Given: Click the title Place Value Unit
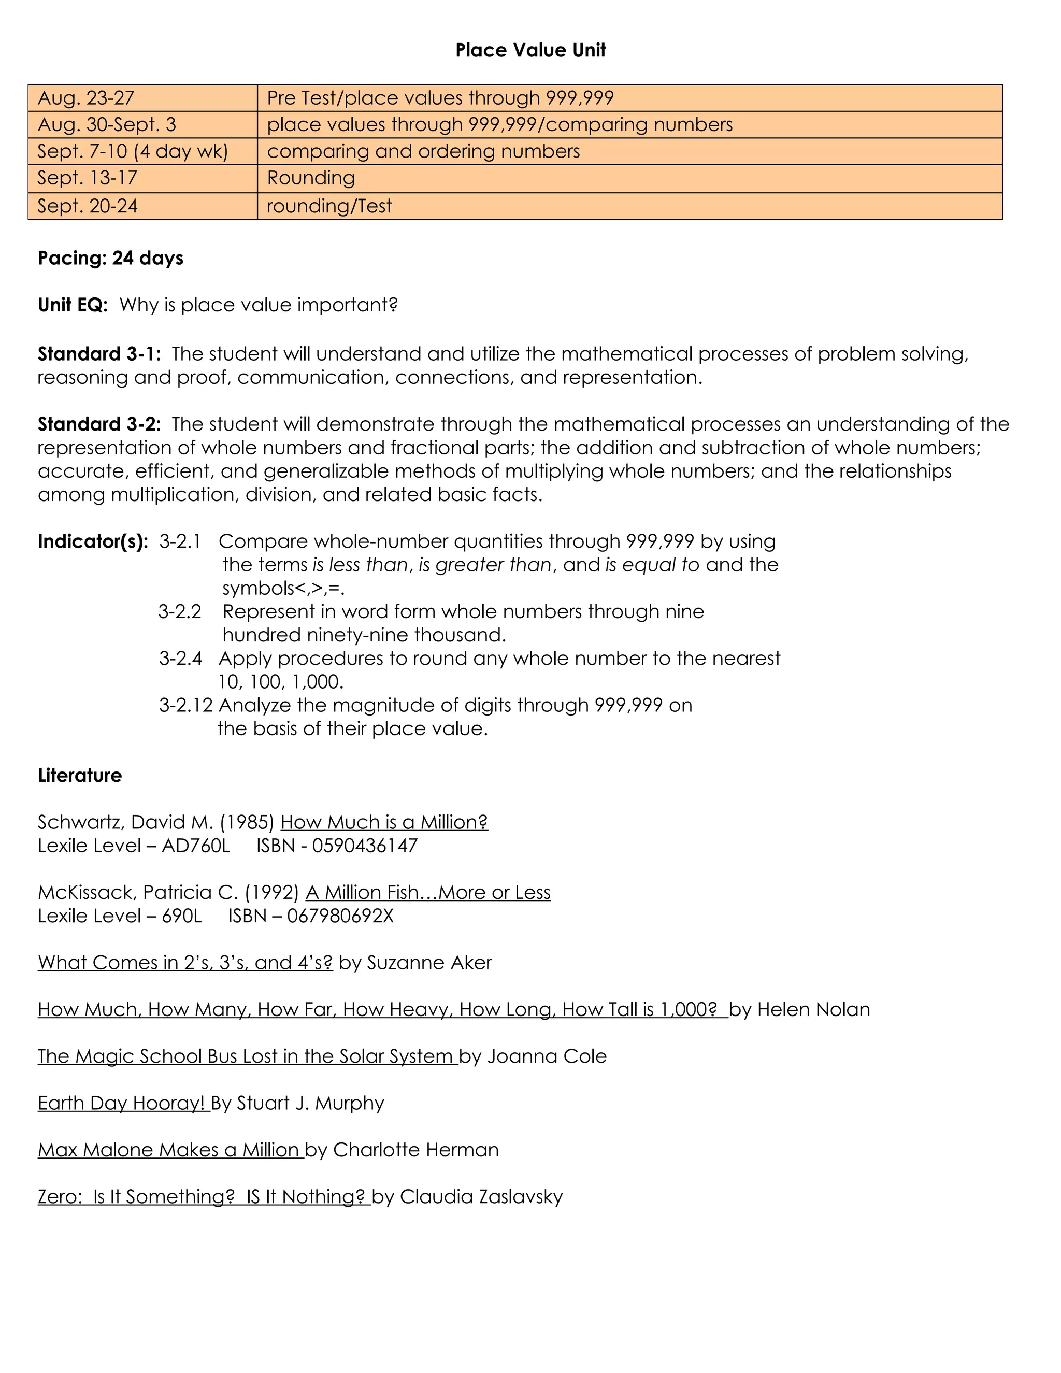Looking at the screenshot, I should click(530, 50).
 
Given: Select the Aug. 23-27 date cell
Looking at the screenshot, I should click(86, 98).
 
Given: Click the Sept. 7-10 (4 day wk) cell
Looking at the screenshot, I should click(132, 151).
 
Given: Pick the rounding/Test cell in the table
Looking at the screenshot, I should click(329, 206).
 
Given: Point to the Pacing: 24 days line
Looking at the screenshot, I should click(111, 259).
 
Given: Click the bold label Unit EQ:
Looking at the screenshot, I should click(73, 306).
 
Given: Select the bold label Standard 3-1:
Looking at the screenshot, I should click(98, 354).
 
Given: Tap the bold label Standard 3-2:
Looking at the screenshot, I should click(98, 424).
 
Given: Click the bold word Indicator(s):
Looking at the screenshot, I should click(92, 542).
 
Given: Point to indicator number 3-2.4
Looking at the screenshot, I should click(180, 659).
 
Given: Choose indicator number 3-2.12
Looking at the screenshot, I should click(185, 705).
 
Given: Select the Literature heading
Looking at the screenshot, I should click(80, 776).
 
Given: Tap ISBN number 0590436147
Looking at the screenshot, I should click(365, 846).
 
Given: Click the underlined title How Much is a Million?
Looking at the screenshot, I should click(383, 822).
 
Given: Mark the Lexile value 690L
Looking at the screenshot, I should click(182, 916).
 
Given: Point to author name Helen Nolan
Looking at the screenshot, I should click(813, 1010).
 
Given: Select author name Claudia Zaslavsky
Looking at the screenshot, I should click(481, 1197).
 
